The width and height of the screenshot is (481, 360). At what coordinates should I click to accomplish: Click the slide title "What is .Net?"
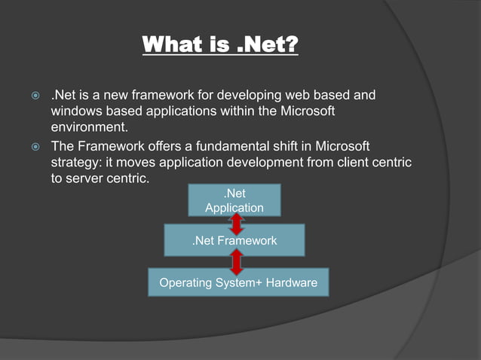click(220, 44)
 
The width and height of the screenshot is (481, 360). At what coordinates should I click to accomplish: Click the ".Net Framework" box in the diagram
click(234, 241)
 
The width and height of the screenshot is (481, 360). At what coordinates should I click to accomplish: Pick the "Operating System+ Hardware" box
click(238, 282)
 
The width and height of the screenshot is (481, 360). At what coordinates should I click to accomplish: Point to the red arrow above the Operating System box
click(237, 261)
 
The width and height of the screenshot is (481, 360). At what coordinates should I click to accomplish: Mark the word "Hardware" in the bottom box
click(290, 282)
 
